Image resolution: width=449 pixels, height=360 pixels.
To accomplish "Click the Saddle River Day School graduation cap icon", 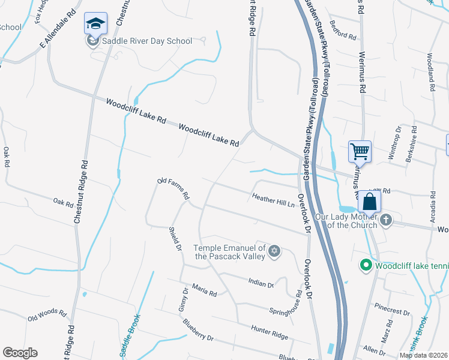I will [x=95, y=23].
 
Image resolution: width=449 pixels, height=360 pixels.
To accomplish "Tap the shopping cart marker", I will [x=360, y=151].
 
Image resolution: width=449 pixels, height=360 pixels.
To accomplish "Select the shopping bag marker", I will [x=369, y=202].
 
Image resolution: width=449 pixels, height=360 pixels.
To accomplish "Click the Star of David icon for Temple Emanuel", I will [x=274, y=251].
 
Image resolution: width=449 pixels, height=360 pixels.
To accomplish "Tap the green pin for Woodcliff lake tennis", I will [x=364, y=265].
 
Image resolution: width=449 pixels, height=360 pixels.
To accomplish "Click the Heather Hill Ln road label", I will [x=273, y=199].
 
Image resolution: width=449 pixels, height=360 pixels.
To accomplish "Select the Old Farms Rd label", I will [x=173, y=188].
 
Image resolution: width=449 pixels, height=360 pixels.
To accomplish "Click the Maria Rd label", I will [x=205, y=292].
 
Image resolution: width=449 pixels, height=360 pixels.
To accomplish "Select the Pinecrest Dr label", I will [x=391, y=313].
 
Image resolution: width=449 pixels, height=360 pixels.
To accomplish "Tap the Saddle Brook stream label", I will [x=131, y=335].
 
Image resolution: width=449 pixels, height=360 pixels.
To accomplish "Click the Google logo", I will [x=20, y=353].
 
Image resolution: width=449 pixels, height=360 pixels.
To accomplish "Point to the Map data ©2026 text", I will [x=423, y=355].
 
